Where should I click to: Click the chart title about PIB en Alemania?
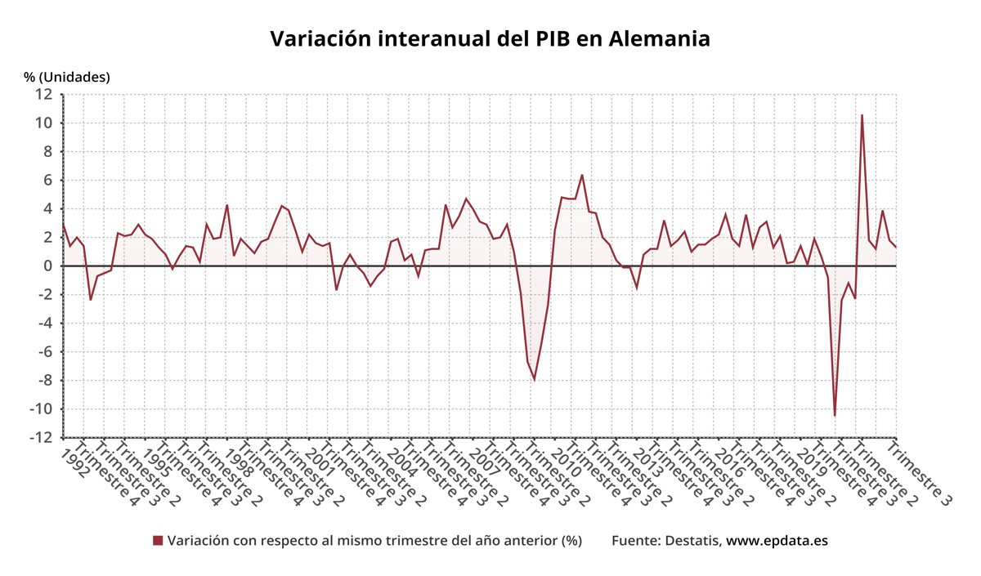pyautogui.click(x=490, y=39)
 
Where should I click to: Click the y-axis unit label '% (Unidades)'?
pyautogui.click(x=67, y=77)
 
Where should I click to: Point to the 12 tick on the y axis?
pyautogui.click(x=45, y=95)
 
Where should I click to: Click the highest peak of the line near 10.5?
pyautogui.click(x=862, y=115)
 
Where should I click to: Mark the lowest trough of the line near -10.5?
pyautogui.click(x=835, y=416)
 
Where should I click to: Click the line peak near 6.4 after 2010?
pyautogui.click(x=582, y=175)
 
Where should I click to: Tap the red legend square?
pyautogui.click(x=158, y=541)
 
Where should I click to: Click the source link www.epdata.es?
pyautogui.click(x=777, y=541)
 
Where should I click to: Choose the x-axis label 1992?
pyautogui.click(x=74, y=460)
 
